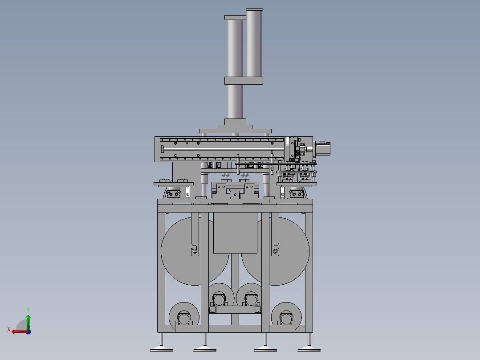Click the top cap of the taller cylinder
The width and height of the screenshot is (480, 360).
[254, 9]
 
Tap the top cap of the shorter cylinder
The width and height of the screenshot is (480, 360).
[235, 17]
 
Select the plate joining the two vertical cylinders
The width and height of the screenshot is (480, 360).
[244, 81]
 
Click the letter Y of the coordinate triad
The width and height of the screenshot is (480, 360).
[28, 310]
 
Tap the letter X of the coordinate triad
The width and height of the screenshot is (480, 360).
[9, 329]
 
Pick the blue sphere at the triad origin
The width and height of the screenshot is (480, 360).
[29, 332]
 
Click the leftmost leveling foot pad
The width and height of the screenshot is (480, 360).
[161, 349]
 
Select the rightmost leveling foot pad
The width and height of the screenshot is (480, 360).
[309, 349]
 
